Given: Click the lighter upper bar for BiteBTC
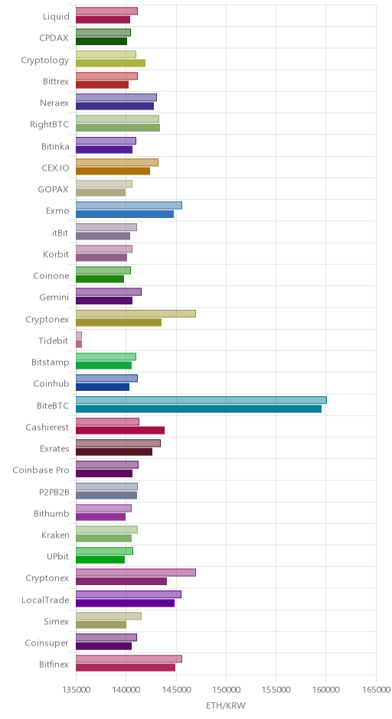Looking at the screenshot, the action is pos(201,400).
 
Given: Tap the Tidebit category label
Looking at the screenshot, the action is pos(54,340).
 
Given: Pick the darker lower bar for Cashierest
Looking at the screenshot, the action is pos(119,430).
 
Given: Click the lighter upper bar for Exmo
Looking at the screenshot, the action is pos(129,206).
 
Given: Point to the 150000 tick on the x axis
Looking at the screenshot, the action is pos(226,690).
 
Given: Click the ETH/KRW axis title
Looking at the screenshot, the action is pos(226,706).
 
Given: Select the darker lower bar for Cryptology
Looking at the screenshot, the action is pos(110,63).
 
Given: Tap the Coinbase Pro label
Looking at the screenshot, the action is pos(41,470).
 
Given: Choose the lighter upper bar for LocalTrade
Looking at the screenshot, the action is pos(129,594).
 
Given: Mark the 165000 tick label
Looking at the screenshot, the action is pos(376,690).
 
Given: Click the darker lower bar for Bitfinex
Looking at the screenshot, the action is pos(126,668).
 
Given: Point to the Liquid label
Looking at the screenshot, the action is pos(56,17).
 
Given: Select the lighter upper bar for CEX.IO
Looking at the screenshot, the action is pos(117,162).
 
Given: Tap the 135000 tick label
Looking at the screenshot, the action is pos(76,690).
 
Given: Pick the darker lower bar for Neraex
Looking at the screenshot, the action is pos(115,106).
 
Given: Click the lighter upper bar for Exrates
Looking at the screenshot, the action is pos(118,443).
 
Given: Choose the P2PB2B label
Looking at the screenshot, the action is pos(54,492).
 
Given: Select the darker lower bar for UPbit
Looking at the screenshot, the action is pos(100,560).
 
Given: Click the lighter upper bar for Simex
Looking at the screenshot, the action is pos(108,616).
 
